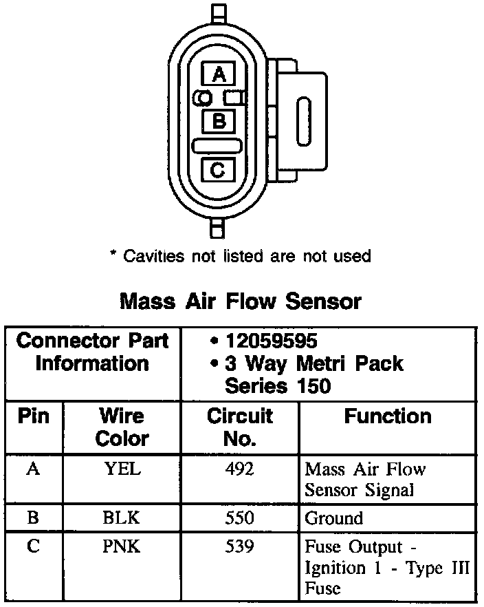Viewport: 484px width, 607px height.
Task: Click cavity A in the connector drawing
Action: tap(219, 74)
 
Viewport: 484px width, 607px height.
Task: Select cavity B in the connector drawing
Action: tap(219, 122)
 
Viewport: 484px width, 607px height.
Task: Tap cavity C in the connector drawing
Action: tap(219, 169)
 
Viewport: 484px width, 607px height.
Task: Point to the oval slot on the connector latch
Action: tap(303, 121)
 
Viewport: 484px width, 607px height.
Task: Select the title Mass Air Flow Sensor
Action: tap(241, 301)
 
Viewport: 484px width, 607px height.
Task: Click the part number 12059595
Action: tap(271, 341)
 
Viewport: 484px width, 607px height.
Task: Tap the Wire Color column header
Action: tap(122, 427)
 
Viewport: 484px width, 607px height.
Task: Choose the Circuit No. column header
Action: tap(240, 427)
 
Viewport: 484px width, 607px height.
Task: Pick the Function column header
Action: tap(388, 416)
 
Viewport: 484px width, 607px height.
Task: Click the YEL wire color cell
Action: tap(122, 469)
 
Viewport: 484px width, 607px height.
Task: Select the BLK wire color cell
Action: tap(122, 518)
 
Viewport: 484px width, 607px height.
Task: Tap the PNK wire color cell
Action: tap(122, 547)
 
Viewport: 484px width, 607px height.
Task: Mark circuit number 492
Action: tap(240, 469)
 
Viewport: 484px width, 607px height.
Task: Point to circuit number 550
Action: tap(240, 518)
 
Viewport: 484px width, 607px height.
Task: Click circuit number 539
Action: tap(240, 547)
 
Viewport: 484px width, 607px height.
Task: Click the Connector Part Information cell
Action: tap(92, 352)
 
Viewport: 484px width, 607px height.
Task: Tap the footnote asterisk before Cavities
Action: tap(113, 256)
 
